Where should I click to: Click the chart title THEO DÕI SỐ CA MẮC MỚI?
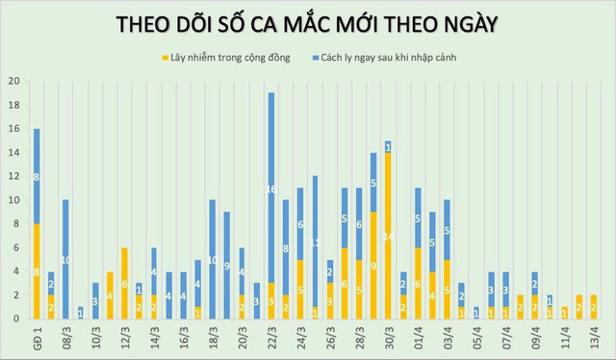click(307, 23)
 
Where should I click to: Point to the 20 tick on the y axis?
click(13, 82)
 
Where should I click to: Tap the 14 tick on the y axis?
click(13, 152)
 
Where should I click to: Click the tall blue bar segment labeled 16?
click(271, 188)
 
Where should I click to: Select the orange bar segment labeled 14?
click(388, 235)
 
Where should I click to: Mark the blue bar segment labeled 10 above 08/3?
click(65, 259)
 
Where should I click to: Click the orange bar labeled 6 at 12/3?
click(124, 283)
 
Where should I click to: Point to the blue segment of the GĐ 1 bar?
click(37, 176)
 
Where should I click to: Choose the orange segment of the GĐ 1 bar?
click(37, 270)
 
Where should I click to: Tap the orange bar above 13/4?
click(593, 306)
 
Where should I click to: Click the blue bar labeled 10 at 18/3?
click(213, 259)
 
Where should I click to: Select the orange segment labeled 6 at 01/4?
click(417, 283)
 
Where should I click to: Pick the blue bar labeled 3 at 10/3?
click(95, 300)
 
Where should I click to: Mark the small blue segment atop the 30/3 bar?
click(388, 146)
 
